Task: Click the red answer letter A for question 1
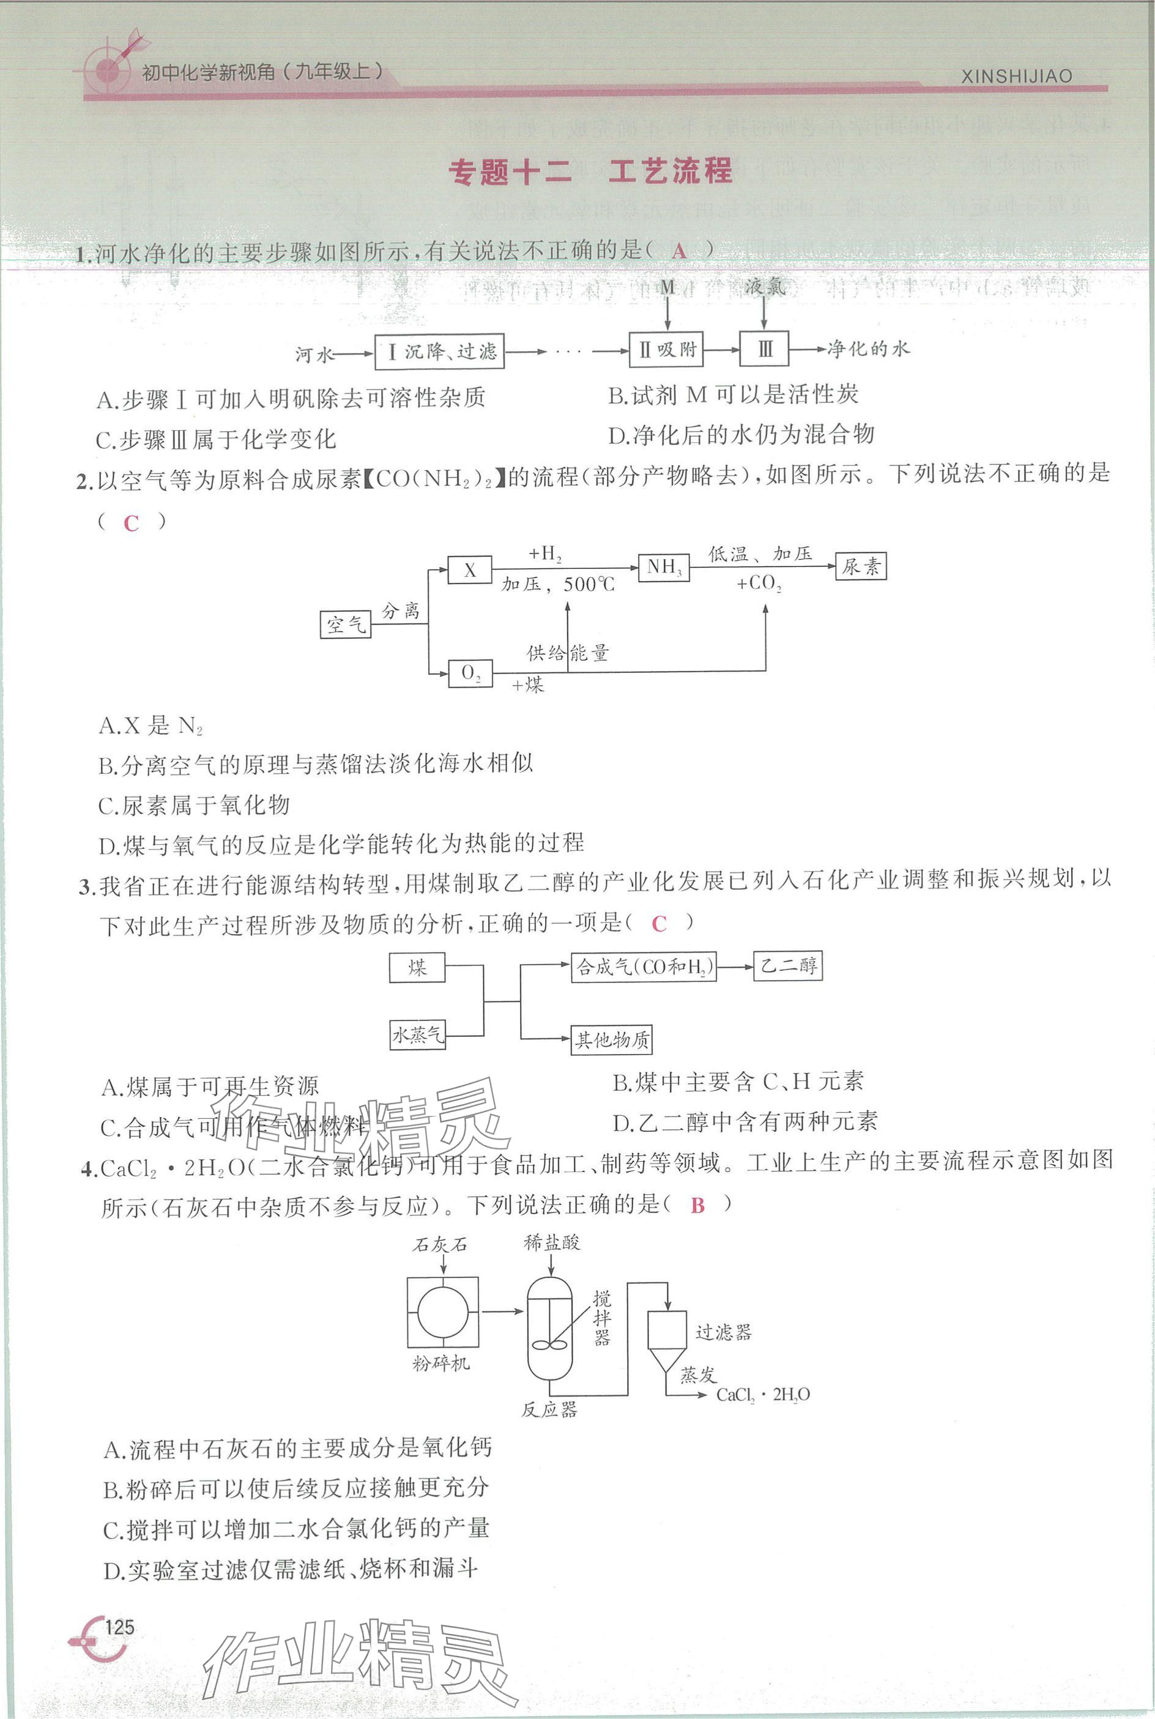tap(678, 251)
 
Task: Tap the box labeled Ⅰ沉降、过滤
tap(439, 351)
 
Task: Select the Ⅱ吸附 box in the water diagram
tap(666, 349)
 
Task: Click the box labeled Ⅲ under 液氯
tap(764, 348)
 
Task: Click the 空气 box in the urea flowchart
tap(346, 625)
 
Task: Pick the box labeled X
tap(470, 570)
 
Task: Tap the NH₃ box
tap(664, 567)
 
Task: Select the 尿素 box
tap(860, 566)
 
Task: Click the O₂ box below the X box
tap(470, 673)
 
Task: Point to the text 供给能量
tap(567, 653)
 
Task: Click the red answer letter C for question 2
tap(131, 524)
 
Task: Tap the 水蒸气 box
tap(417, 1036)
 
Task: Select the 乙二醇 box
tap(787, 965)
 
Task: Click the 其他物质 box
tap(611, 1040)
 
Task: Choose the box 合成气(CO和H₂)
tap(644, 967)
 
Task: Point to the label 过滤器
tap(723, 1332)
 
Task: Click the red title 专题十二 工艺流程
tap(590, 172)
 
